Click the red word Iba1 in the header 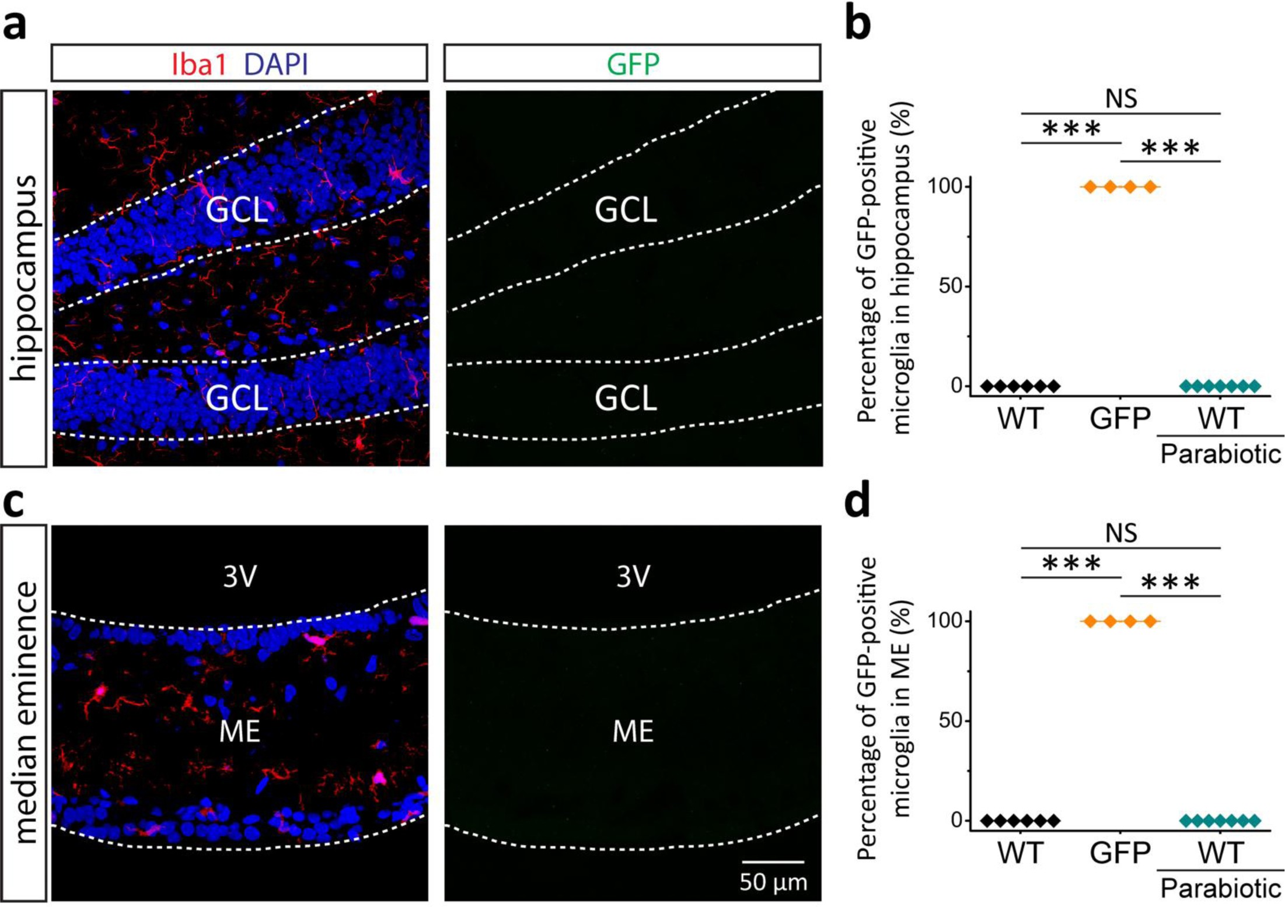point(198,64)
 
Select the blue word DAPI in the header point(275,64)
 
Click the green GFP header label point(633,64)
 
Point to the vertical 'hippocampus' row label point(24,278)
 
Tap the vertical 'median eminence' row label point(24,712)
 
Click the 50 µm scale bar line point(773,862)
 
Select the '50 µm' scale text point(773,883)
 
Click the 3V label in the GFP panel point(633,576)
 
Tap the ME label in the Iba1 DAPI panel point(239,731)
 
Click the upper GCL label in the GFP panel point(626,209)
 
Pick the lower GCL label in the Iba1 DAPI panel point(237,398)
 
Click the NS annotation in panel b point(1121,99)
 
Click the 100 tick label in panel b point(945,187)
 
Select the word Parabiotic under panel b point(1220,453)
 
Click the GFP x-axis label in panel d point(1120,853)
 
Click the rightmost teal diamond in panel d point(1254,821)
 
